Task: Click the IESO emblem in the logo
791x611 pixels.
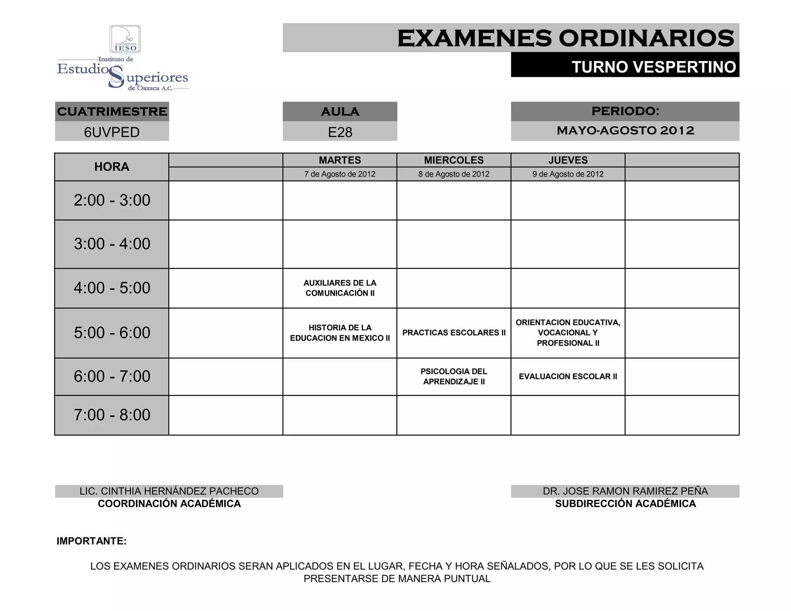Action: point(125,39)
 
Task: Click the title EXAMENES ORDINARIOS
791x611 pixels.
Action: point(565,38)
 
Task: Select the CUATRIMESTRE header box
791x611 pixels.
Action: point(112,112)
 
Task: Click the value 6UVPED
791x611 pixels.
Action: point(112,132)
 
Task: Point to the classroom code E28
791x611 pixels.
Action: point(340,132)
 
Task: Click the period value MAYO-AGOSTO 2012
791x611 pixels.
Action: point(625,131)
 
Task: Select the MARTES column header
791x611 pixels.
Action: point(340,160)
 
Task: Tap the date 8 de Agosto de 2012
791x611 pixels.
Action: point(454,174)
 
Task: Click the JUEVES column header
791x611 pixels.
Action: point(568,160)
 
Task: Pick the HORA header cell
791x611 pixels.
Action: point(112,167)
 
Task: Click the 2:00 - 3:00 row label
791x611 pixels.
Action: point(112,200)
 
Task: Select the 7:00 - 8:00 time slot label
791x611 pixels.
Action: point(112,415)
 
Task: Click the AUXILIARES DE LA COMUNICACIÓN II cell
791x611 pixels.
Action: point(340,288)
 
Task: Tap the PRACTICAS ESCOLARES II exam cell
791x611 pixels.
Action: point(454,333)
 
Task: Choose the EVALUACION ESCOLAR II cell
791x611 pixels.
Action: point(568,377)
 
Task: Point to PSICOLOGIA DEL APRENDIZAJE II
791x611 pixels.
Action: point(454,377)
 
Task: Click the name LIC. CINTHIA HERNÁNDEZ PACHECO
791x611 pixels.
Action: point(169,491)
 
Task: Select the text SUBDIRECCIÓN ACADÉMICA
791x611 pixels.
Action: point(625,504)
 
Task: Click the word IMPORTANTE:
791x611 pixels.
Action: point(92,541)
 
